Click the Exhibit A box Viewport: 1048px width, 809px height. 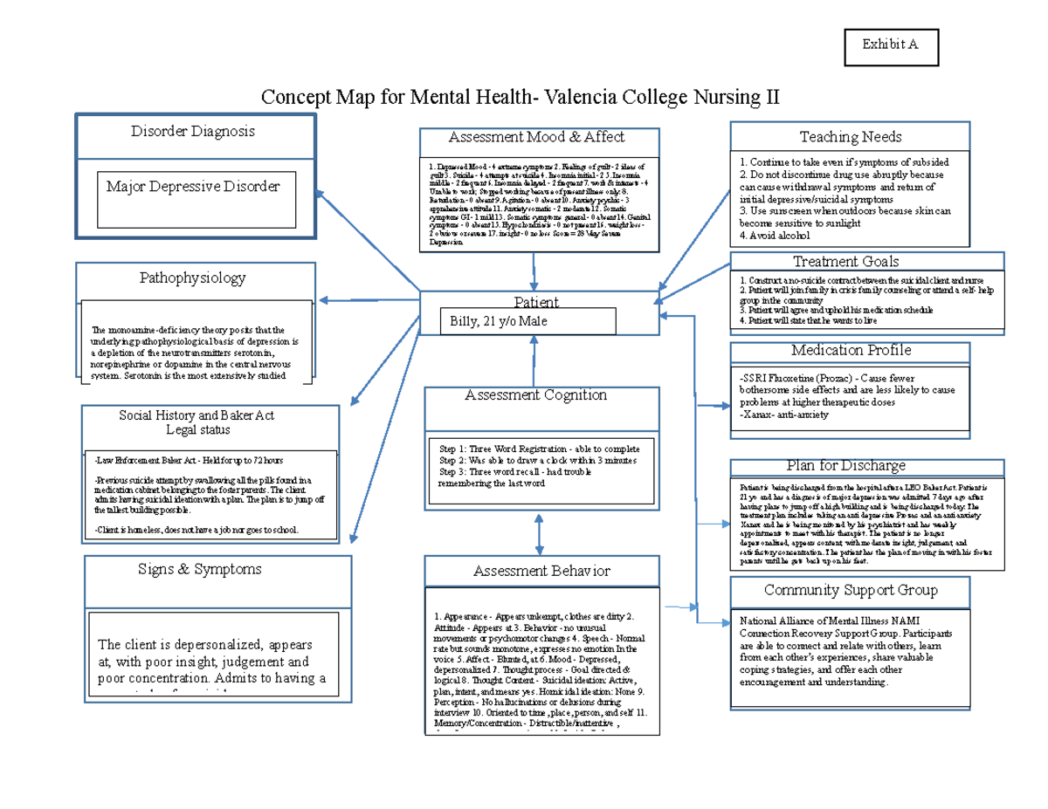click(890, 46)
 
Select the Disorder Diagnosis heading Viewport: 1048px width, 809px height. click(193, 131)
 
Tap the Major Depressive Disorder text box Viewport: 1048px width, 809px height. click(194, 187)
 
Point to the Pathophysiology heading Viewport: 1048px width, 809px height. click(193, 278)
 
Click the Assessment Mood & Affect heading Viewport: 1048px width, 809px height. click(536, 137)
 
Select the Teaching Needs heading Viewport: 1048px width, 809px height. click(850, 136)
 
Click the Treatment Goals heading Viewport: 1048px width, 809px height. click(845, 262)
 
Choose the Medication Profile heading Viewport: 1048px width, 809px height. click(851, 350)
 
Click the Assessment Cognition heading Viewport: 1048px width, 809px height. click(535, 395)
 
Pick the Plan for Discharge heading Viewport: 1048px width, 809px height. click(845, 466)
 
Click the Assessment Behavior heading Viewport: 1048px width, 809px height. click(541, 571)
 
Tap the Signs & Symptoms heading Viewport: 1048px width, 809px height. click(199, 569)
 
